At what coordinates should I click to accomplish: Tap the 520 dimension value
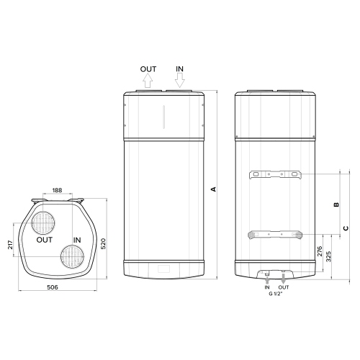[x=104, y=244]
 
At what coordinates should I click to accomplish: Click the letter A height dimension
[x=212, y=189]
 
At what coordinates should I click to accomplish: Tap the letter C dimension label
[x=346, y=228]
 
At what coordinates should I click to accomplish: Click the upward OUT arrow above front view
[x=148, y=81]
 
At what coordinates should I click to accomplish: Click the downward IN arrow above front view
[x=180, y=81]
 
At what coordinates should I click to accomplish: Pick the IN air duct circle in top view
[x=73, y=255]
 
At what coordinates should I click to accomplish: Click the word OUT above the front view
[x=148, y=69]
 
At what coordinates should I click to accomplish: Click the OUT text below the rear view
[x=284, y=288]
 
